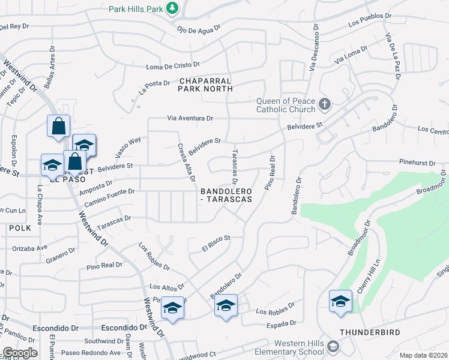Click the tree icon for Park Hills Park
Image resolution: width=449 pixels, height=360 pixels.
[x=172, y=8]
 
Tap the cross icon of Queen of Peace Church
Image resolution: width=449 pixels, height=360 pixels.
[x=324, y=105]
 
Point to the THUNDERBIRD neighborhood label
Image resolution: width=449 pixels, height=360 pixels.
[x=369, y=332]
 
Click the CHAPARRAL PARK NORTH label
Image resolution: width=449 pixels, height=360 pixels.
[x=205, y=84]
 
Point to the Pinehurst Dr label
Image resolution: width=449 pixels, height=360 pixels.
[x=421, y=162]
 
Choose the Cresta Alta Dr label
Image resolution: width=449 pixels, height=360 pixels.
[x=185, y=162]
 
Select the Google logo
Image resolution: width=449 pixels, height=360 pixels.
[x=20, y=353]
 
